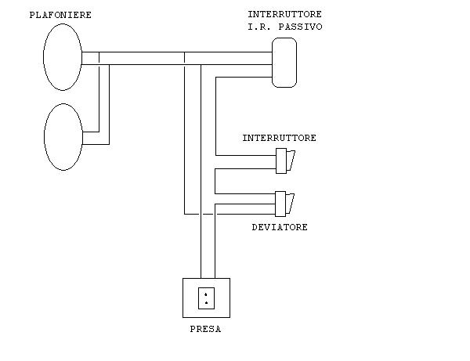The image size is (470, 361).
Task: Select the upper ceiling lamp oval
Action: tap(62, 57)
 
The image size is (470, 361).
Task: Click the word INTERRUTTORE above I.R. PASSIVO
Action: tap(284, 15)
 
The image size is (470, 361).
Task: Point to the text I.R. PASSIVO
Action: tap(284, 27)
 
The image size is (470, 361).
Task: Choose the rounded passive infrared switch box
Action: tap(284, 62)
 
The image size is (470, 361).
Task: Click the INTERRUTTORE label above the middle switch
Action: tap(280, 138)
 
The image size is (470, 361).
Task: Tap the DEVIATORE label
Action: tap(280, 227)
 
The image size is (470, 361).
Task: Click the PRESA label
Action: tap(205, 330)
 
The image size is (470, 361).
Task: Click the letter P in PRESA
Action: tap(193, 330)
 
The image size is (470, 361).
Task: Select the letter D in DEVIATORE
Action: tap(255, 227)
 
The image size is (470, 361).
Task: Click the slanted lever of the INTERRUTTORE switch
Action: tap(292, 161)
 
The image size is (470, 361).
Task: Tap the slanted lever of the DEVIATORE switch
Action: tap(292, 203)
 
